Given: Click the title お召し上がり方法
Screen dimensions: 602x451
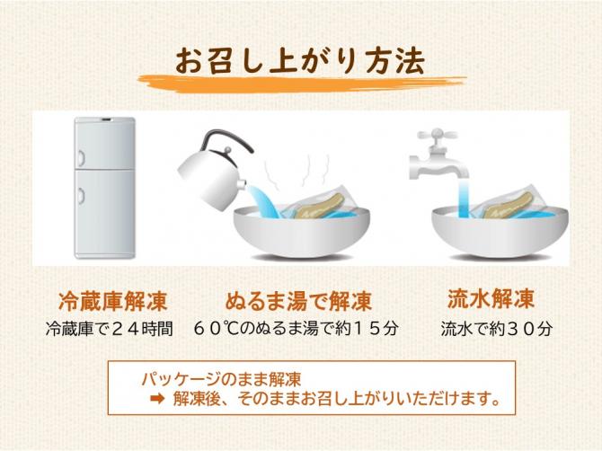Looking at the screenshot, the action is [x=300, y=61].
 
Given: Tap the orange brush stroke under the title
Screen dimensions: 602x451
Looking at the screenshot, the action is [x=302, y=84].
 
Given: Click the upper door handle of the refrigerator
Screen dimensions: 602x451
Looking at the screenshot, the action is [x=82, y=156].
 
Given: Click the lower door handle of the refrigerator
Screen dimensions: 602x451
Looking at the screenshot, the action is [x=82, y=195].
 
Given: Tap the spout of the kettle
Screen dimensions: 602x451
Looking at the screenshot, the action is [x=243, y=184].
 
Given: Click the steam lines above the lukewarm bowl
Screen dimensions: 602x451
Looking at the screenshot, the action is [x=297, y=171].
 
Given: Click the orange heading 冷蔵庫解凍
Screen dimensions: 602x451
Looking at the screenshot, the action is [x=112, y=301].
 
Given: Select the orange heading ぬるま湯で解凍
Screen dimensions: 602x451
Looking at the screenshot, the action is [x=298, y=301].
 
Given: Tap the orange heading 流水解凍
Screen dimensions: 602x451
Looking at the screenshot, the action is [x=491, y=298].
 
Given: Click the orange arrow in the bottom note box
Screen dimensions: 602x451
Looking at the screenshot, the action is [x=157, y=399].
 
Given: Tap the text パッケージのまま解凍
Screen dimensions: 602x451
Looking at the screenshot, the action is [x=222, y=380].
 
